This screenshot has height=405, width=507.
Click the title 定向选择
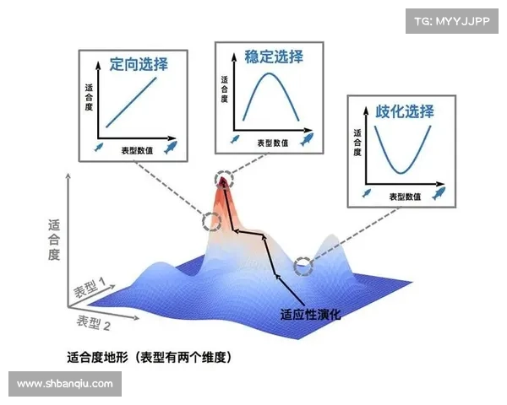[x=139, y=63]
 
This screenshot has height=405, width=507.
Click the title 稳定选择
[x=274, y=57]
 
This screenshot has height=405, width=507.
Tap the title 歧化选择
[x=404, y=111]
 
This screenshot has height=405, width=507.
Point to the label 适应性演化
[x=309, y=314]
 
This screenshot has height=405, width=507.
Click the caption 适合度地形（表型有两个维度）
[x=149, y=357]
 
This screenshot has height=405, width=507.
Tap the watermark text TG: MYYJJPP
[x=452, y=21]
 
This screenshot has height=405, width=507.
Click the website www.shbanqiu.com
[x=64, y=384]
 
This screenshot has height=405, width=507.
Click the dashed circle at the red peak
[x=224, y=180]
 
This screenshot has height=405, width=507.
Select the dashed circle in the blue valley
[x=303, y=267]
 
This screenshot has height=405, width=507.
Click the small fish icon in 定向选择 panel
[x=99, y=148]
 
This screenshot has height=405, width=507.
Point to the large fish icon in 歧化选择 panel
[x=439, y=194]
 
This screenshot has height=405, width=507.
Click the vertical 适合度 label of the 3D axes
[x=54, y=240]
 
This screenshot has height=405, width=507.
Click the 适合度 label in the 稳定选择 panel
[x=225, y=92]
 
